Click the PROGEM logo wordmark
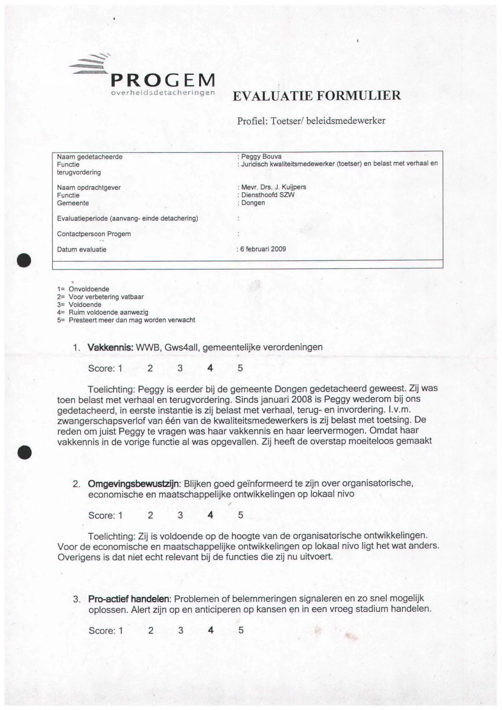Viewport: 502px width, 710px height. [163, 81]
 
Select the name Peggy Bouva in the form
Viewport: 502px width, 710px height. [261, 157]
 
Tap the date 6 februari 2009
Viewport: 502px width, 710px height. [263, 249]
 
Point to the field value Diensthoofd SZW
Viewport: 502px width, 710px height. [268, 195]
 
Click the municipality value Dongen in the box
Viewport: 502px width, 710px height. [253, 203]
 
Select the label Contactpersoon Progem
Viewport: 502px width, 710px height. [94, 234]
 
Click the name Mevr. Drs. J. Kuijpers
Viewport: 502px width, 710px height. [274, 187]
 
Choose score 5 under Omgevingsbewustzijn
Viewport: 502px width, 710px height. [240, 515]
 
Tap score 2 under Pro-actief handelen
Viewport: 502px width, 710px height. [151, 630]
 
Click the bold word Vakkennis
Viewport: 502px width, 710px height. [110, 347]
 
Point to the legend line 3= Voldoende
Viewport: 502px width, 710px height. [79, 305]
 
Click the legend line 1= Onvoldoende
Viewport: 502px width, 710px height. [83, 289]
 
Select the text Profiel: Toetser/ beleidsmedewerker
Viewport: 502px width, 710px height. [311, 121]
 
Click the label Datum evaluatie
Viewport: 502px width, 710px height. [82, 249]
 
